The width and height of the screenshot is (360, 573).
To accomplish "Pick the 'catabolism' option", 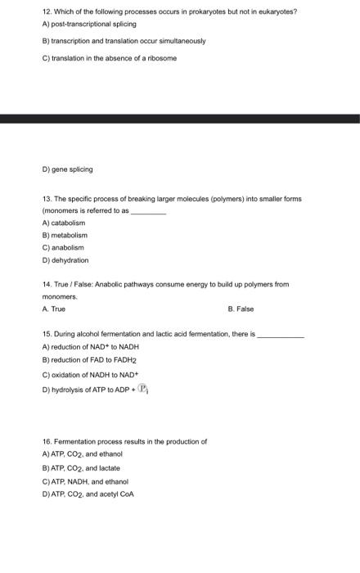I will pyautogui.click(x=63, y=223).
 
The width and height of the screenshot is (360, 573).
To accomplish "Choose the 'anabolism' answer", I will pyautogui.click(x=63, y=247).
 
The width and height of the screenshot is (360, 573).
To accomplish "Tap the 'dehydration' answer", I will pyautogui.click(x=65, y=259).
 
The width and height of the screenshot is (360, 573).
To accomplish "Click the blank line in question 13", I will pyautogui.click(x=148, y=211).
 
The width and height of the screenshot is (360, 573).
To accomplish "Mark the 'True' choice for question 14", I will pyautogui.click(x=53, y=309).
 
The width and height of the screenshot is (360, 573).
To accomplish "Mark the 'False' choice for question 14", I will pyautogui.click(x=241, y=309).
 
